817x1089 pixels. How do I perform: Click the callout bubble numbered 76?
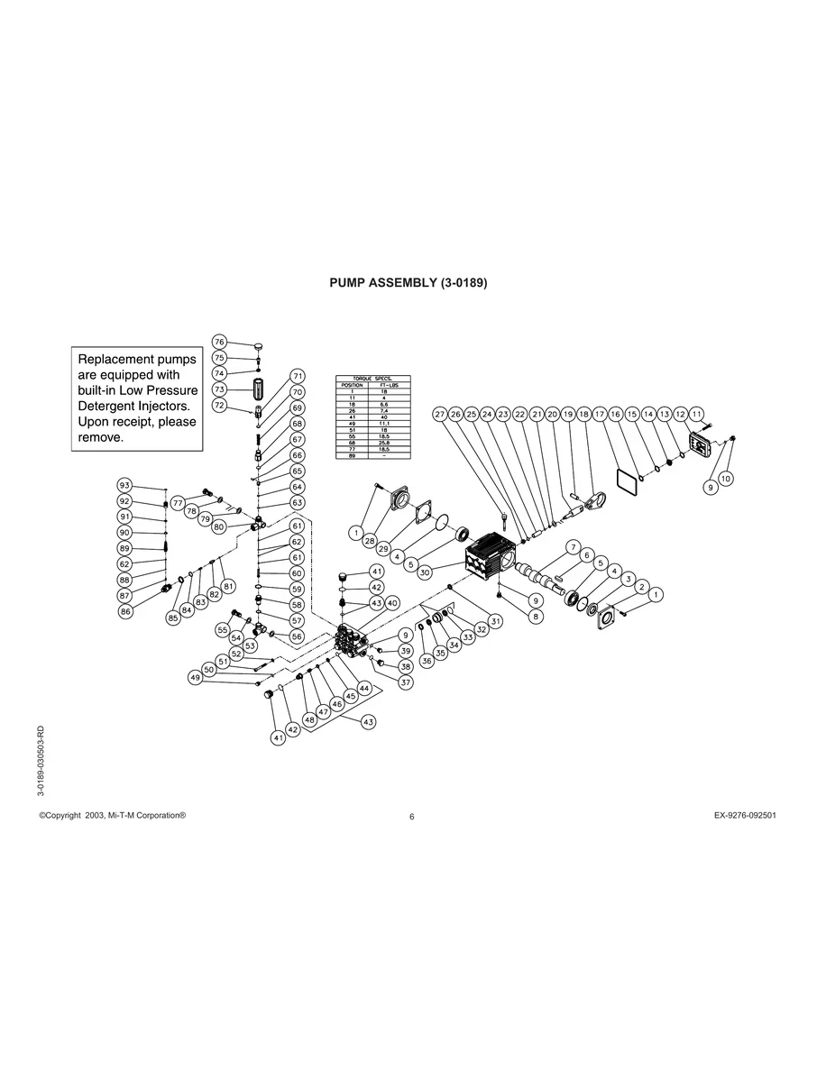click(219, 341)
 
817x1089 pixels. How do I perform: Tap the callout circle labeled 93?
click(124, 486)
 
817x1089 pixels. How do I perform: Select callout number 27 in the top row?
click(439, 414)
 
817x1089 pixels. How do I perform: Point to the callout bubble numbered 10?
click(725, 478)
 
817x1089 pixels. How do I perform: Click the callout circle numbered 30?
click(424, 572)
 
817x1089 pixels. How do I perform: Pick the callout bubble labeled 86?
click(124, 611)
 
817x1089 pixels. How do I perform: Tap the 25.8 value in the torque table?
click(384, 444)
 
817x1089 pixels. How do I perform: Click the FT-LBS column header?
click(384, 384)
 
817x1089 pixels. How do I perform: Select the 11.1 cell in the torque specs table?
click(384, 422)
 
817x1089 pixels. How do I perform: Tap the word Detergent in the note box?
click(111, 406)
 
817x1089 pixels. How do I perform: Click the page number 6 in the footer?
click(411, 817)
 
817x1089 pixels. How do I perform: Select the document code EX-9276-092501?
click(745, 815)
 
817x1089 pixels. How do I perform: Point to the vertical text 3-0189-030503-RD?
click(41, 759)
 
